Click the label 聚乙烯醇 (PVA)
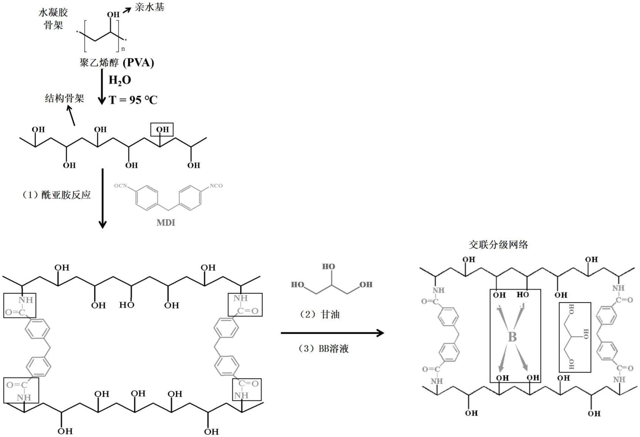117,63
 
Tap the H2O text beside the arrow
120,80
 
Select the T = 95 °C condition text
133,100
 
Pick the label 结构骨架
64,99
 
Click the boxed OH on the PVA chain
162,129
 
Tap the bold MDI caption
166,223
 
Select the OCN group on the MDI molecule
121,186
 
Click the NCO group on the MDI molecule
216,186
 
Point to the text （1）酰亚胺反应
56,195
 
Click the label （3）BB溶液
323,349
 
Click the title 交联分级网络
498,244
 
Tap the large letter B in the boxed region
512,337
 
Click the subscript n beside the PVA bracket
123,49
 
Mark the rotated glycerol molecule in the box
575,337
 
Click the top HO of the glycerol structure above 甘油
328,267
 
